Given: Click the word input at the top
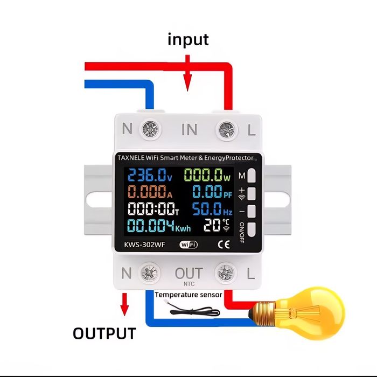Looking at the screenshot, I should pyautogui.click(x=188, y=40).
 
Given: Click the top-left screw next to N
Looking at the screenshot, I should pyautogui.click(x=149, y=129).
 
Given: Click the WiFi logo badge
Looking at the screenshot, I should pyautogui.click(x=188, y=245).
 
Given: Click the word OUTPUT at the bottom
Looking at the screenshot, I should pyautogui.click(x=104, y=333).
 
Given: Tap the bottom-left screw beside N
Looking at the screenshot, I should pyautogui.click(x=149, y=274).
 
